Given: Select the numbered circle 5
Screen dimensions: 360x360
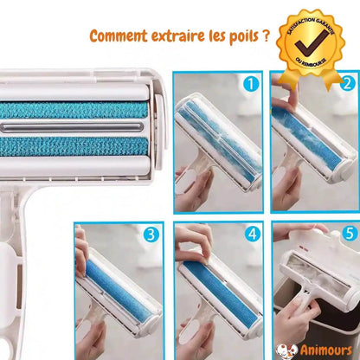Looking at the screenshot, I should coord(348,234).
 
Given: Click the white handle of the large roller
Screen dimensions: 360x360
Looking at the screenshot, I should coord(17,260).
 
